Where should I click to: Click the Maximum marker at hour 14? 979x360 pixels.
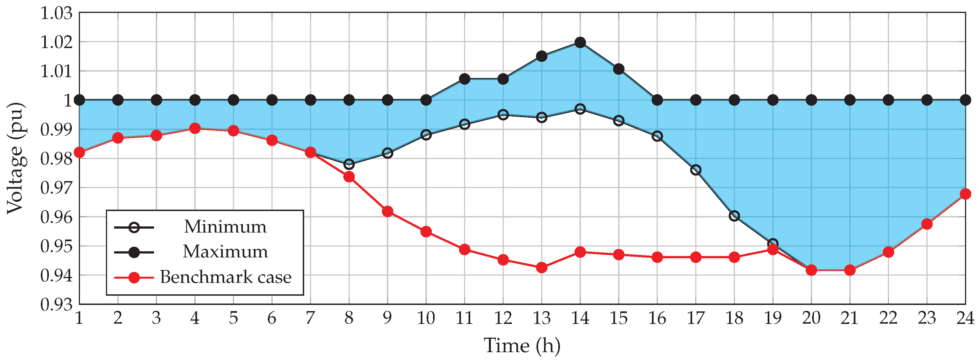tap(580, 42)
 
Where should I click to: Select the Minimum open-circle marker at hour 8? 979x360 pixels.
tap(349, 164)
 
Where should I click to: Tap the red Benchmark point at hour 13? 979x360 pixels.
tap(541, 267)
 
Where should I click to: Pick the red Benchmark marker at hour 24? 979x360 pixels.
tap(965, 194)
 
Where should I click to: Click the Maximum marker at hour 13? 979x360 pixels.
tap(541, 56)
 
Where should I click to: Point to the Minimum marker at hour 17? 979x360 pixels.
tap(696, 170)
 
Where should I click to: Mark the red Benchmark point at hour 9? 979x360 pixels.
tap(387, 211)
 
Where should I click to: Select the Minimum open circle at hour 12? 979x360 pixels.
tap(503, 114)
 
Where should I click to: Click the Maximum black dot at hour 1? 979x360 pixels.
tap(79, 100)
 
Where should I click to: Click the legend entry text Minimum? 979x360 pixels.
tap(225, 227)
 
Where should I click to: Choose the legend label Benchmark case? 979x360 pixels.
tap(225, 277)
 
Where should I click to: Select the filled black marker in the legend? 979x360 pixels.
tap(134, 252)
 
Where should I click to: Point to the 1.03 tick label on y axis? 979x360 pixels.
tap(56, 13)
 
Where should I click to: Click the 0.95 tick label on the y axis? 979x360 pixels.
tap(56, 246)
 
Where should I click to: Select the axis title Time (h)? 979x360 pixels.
tap(522, 345)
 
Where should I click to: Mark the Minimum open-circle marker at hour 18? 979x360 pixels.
tap(734, 216)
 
